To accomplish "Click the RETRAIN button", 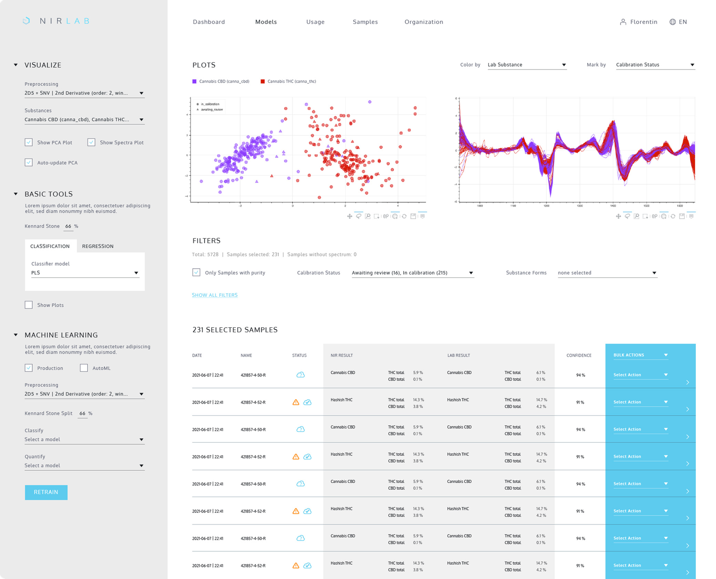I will click(46, 492).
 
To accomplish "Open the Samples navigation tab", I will click(365, 22).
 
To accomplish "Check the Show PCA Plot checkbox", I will click(29, 142).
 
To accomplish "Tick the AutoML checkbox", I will click(84, 368).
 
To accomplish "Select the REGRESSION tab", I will click(98, 246).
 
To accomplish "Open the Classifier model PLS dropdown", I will click(85, 273).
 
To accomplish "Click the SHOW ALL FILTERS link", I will click(215, 295).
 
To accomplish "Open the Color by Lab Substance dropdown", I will click(527, 65).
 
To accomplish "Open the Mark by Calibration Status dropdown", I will click(655, 65).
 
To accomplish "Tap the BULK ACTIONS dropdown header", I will click(640, 355).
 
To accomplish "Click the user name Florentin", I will click(643, 22).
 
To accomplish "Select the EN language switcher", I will click(678, 22).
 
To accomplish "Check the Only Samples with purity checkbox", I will click(196, 272).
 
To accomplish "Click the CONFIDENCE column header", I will click(579, 355).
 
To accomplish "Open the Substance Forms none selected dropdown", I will click(607, 273).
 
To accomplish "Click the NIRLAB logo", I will click(56, 21).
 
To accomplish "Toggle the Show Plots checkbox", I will click(29, 305).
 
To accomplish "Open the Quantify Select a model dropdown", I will click(85, 465).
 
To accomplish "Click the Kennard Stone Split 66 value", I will click(82, 414).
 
